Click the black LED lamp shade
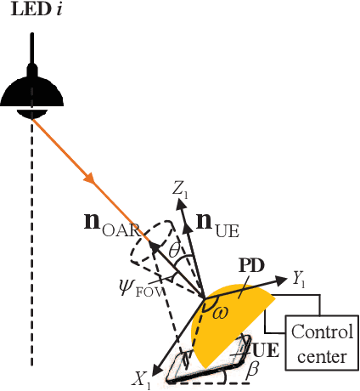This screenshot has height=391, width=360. point(32,91)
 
